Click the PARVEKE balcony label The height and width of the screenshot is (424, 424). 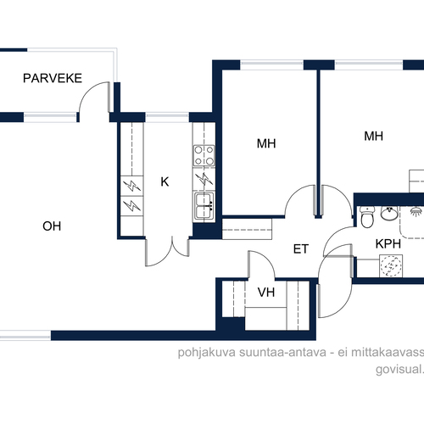tap(53, 78)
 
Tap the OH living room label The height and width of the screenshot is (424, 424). tap(52, 226)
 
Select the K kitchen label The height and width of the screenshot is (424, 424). tap(165, 181)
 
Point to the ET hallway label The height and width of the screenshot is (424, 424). tap(301, 249)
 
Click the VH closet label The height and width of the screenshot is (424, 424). tap(266, 293)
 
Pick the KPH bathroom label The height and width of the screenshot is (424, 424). tap(388, 243)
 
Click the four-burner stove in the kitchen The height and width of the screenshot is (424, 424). tap(204, 155)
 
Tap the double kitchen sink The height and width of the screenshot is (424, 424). tap(204, 206)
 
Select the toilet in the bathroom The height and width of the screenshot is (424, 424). tap(367, 217)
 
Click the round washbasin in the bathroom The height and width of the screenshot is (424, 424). tap(389, 213)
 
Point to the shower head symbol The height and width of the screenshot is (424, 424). tap(416, 211)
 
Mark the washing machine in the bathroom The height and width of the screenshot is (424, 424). tap(391, 265)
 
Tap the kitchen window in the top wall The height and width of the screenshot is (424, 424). tap(167, 117)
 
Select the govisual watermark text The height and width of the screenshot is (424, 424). tap(399, 369)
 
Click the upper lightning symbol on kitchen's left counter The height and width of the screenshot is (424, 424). tap(132, 186)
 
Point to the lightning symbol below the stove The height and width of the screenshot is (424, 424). tap(204, 179)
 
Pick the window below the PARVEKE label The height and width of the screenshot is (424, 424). tap(50, 117)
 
